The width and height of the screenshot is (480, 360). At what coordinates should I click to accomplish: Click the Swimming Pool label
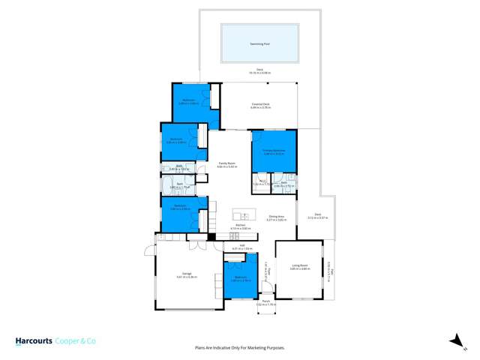click(260, 44)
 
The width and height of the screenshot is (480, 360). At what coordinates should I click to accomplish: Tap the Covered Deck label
click(260, 105)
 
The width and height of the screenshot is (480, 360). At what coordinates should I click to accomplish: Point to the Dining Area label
click(277, 217)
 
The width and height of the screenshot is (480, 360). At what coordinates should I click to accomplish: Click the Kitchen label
click(241, 224)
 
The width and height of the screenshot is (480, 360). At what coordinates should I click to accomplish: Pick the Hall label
click(243, 244)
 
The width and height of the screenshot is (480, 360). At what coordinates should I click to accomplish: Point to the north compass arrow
click(454, 340)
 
